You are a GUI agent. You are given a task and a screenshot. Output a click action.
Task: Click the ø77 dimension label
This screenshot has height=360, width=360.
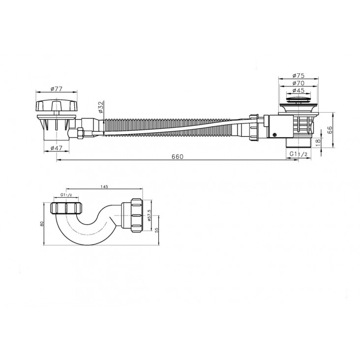click(x=56, y=89)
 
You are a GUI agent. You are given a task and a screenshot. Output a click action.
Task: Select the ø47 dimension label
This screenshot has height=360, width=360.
click(x=56, y=148)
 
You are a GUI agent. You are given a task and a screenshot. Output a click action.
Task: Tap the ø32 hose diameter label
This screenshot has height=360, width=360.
click(x=101, y=107)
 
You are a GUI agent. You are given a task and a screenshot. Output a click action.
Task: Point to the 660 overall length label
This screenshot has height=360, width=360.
click(x=178, y=156)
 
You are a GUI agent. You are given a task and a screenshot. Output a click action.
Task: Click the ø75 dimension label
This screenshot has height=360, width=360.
click(x=299, y=75)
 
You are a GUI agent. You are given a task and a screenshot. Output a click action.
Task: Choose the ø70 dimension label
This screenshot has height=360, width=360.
click(x=299, y=83)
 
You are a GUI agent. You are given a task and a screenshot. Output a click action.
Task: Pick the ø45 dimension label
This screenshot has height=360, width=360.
click(x=299, y=90)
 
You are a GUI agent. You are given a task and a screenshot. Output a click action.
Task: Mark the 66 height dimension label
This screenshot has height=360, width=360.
click(x=329, y=130)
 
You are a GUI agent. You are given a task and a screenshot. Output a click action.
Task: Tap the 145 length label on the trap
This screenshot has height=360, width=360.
click(x=104, y=186)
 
